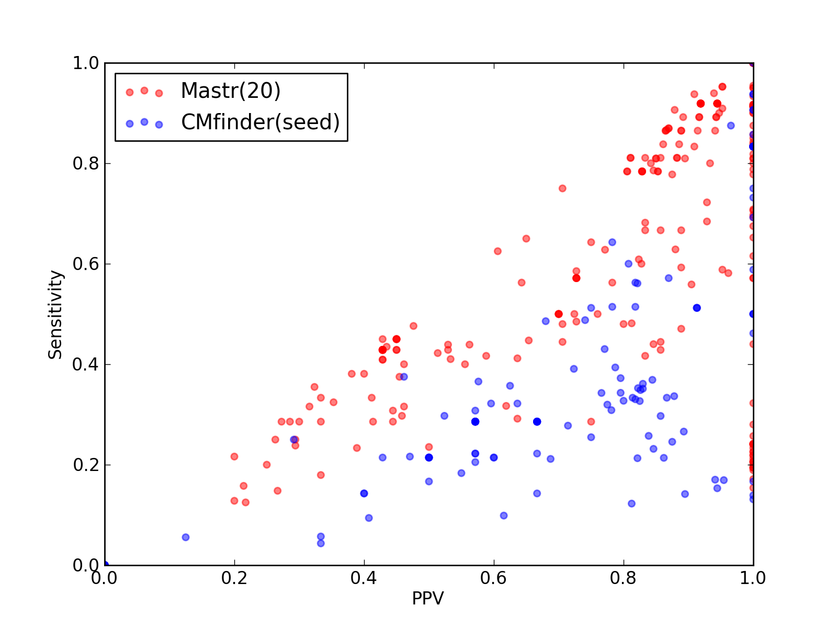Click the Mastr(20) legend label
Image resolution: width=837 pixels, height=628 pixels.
(x=230, y=91)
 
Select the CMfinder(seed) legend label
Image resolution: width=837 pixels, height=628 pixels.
(x=260, y=122)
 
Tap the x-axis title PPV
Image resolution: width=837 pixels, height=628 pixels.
(x=427, y=598)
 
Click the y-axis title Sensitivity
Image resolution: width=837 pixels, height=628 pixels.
(x=55, y=315)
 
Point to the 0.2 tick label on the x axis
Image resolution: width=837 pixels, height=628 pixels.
(x=234, y=578)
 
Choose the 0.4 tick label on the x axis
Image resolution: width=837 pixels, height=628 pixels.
(x=364, y=578)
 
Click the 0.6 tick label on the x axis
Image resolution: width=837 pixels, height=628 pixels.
(x=493, y=578)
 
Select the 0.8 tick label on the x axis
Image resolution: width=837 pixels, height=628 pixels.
(x=623, y=578)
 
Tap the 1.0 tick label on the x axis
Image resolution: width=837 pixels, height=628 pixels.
(x=752, y=578)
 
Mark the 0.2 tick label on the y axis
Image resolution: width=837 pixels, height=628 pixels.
(x=86, y=465)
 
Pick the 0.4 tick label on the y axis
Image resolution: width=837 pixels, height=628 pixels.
(x=86, y=365)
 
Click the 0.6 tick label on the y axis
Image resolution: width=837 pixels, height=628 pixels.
(x=86, y=264)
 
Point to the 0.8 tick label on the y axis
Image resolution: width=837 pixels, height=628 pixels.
(x=86, y=164)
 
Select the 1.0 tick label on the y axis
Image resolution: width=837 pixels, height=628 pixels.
(x=86, y=63)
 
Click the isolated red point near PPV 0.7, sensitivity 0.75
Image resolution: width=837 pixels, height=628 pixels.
(x=562, y=188)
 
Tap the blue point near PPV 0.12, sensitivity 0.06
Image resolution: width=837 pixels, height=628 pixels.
(x=185, y=537)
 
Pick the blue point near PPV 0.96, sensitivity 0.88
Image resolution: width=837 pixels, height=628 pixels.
(x=731, y=126)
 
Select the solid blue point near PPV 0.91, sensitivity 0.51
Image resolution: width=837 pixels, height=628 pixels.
(x=697, y=308)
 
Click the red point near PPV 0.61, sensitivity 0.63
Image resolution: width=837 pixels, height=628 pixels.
(x=497, y=251)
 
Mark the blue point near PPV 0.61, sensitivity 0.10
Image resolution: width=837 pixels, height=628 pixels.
(x=503, y=515)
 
